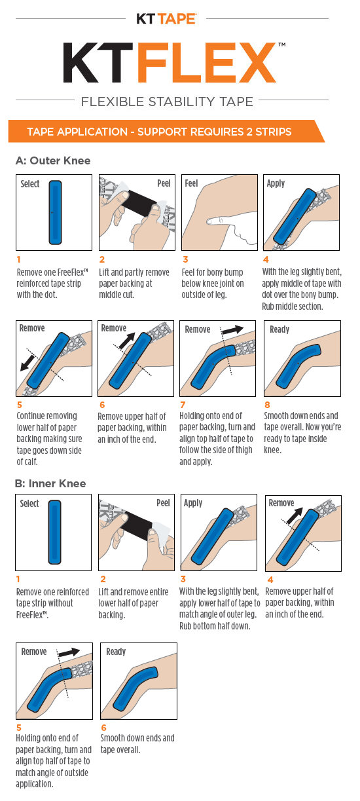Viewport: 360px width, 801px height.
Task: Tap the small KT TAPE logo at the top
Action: [166, 19]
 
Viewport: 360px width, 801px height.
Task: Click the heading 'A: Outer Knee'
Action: [53, 161]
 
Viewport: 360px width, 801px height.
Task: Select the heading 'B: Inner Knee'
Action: [50, 483]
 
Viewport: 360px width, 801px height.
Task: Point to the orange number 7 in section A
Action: [183, 405]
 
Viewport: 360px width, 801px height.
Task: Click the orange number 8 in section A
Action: [267, 405]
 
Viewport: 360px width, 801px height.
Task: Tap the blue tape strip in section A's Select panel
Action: [55, 212]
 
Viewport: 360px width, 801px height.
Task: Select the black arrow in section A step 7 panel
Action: [233, 329]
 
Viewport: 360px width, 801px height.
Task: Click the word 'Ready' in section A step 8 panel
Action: [279, 329]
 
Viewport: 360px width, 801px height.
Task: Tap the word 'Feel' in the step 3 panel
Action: [191, 183]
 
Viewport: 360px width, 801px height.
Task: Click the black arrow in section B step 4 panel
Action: [295, 516]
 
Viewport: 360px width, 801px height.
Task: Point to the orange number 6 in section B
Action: [103, 728]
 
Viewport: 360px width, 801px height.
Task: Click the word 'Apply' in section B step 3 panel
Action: [193, 503]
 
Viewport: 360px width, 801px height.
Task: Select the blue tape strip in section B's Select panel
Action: [55, 532]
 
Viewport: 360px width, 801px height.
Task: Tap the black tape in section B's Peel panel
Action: [137, 523]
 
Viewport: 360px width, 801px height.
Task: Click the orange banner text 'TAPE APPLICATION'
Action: [77, 132]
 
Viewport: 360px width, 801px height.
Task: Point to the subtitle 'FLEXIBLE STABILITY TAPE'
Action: [167, 102]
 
